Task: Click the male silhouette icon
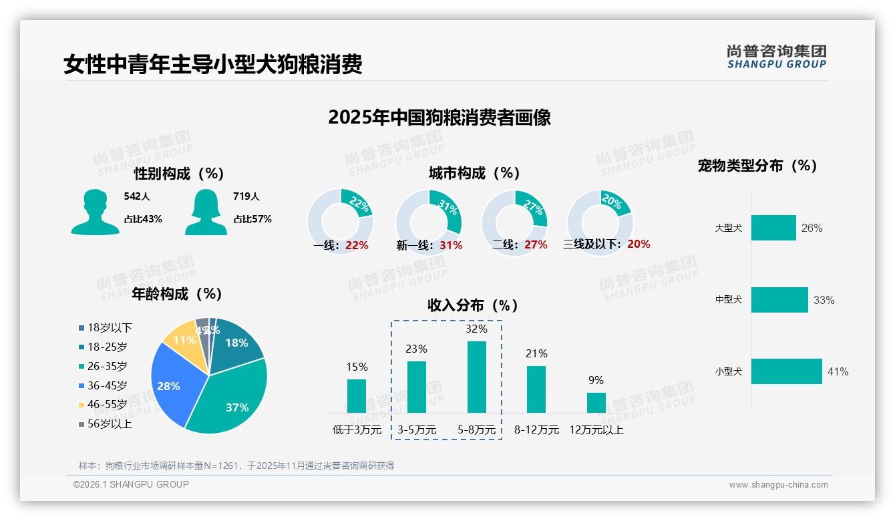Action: [95, 212]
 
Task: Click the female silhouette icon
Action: [206, 212]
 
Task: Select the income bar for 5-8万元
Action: [476, 377]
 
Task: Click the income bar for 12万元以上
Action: [596, 402]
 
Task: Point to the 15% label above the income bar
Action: [357, 367]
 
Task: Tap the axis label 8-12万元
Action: [536, 429]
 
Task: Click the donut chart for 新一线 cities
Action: [428, 222]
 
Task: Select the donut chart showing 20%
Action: [599, 222]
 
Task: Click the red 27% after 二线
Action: [536, 244]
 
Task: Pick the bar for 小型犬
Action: [786, 371]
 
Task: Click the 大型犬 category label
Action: [728, 228]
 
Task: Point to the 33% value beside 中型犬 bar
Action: [824, 300]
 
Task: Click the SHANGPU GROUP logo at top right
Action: [776, 56]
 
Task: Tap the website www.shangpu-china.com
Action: [778, 484]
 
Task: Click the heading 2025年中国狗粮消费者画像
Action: [439, 118]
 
